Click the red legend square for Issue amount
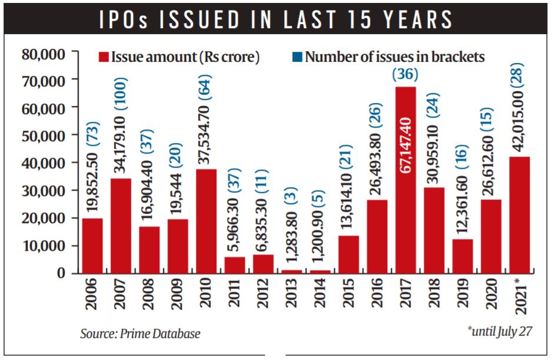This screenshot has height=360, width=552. (x=104, y=57)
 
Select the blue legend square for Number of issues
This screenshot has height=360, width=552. (x=297, y=57)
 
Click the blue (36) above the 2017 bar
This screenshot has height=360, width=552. (x=406, y=75)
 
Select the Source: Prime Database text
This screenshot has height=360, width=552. (x=140, y=334)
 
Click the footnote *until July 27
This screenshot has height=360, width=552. (x=500, y=331)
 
